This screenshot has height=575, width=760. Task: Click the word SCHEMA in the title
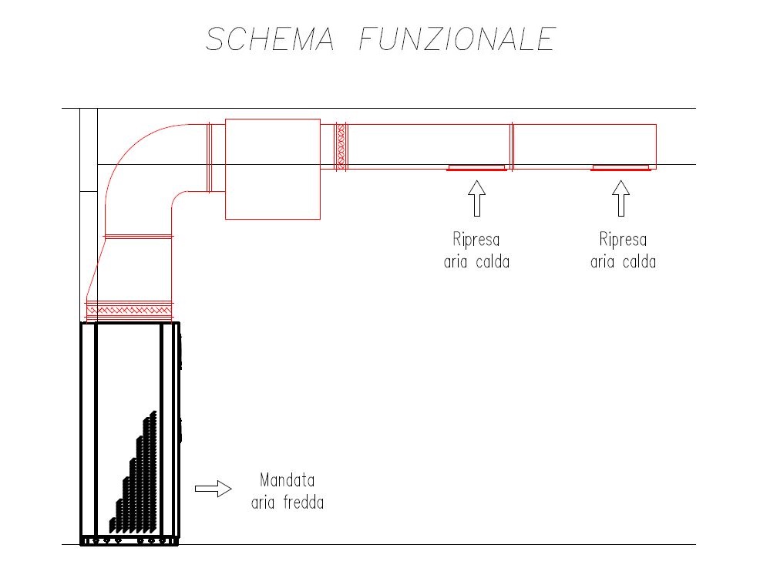(x=270, y=39)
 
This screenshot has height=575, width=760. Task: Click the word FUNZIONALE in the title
(x=457, y=39)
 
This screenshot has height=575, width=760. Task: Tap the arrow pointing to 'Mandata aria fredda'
(x=214, y=489)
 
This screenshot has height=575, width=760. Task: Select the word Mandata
(x=287, y=480)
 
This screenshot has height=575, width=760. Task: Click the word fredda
(x=304, y=503)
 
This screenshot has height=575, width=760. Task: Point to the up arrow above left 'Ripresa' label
(x=477, y=198)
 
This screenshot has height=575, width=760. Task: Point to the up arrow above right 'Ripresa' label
(x=621, y=198)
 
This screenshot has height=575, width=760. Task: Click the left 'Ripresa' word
(x=476, y=240)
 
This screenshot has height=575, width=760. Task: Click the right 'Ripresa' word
(x=623, y=240)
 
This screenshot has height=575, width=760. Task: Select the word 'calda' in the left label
(x=493, y=262)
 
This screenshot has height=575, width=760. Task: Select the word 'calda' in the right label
(x=639, y=262)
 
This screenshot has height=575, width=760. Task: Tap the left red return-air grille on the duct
(x=476, y=168)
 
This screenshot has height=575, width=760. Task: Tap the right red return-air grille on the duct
(x=620, y=168)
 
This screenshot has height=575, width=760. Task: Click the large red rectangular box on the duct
(x=273, y=170)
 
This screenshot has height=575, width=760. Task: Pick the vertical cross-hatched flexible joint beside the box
(x=341, y=146)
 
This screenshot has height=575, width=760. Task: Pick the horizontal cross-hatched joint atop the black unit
(x=129, y=311)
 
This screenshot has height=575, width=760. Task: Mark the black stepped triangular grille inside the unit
(x=133, y=472)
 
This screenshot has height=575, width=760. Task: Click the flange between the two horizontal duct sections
(x=512, y=146)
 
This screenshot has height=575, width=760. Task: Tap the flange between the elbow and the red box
(x=210, y=157)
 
